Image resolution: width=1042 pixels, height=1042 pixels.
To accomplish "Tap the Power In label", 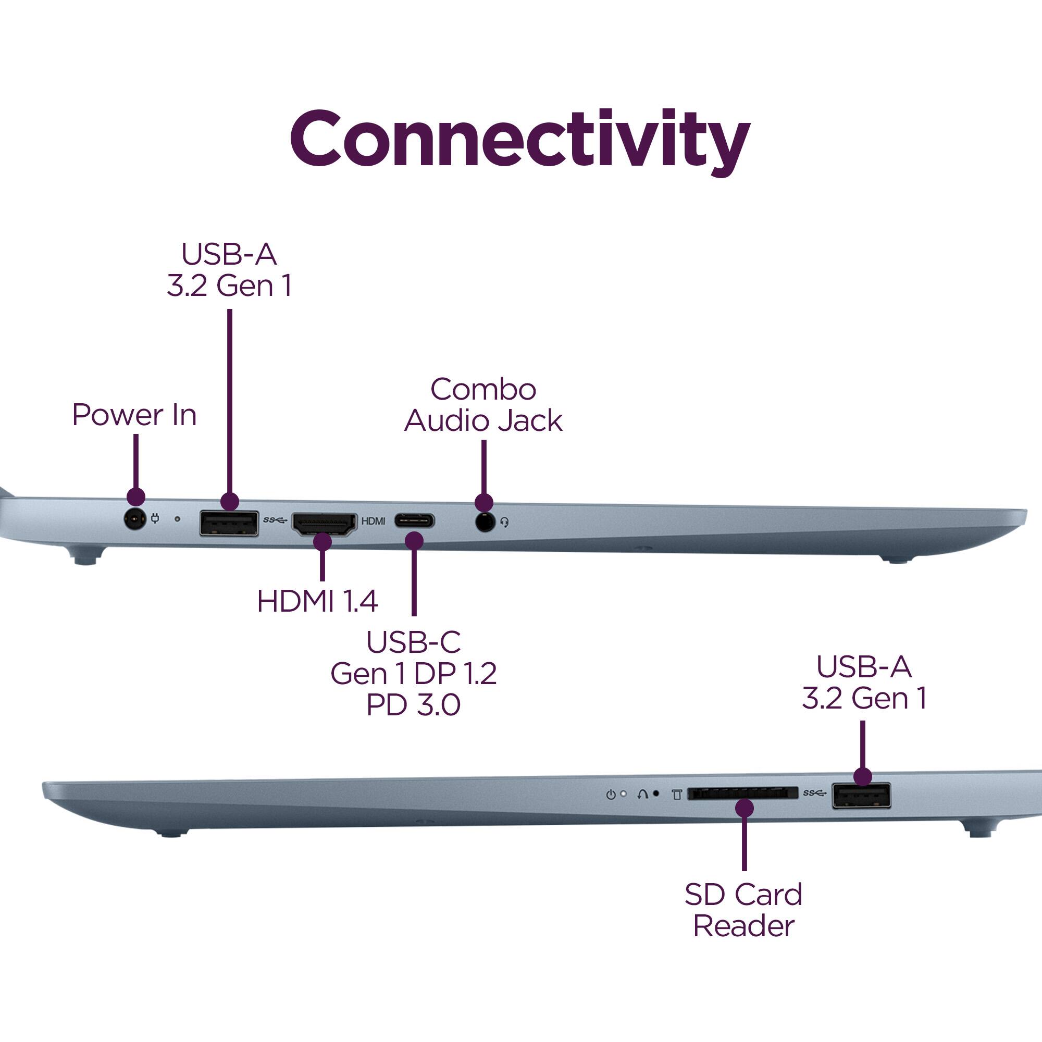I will pyautogui.click(x=134, y=415).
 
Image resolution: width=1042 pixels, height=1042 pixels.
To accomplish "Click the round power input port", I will pyautogui.click(x=135, y=520).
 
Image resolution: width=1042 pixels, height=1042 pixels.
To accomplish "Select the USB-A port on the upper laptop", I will pyautogui.click(x=229, y=523).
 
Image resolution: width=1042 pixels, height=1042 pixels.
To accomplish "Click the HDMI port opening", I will pyautogui.click(x=324, y=523).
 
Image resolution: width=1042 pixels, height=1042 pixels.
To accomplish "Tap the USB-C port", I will pyautogui.click(x=414, y=521).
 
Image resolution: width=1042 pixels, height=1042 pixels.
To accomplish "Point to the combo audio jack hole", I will pyautogui.click(x=485, y=522).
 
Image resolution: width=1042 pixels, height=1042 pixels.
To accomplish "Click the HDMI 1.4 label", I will pyautogui.click(x=317, y=601).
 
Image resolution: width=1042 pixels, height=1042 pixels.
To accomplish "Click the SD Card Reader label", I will pyautogui.click(x=743, y=910).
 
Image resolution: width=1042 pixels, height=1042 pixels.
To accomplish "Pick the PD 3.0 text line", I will pyautogui.click(x=413, y=705).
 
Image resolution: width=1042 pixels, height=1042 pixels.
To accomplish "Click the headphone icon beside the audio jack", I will pyautogui.click(x=504, y=522).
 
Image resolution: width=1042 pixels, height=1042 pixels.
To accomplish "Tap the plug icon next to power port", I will pyautogui.click(x=155, y=519).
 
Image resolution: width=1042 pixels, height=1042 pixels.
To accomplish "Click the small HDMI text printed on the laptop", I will pyautogui.click(x=373, y=521).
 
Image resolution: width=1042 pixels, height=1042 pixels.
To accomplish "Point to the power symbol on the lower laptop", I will pyautogui.click(x=611, y=795).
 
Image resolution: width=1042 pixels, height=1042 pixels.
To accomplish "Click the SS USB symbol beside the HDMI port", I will pyautogui.click(x=275, y=520).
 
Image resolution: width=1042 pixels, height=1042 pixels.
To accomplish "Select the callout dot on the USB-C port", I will pyautogui.click(x=414, y=540).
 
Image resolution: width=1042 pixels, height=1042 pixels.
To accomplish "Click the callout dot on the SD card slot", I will pyautogui.click(x=745, y=808).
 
